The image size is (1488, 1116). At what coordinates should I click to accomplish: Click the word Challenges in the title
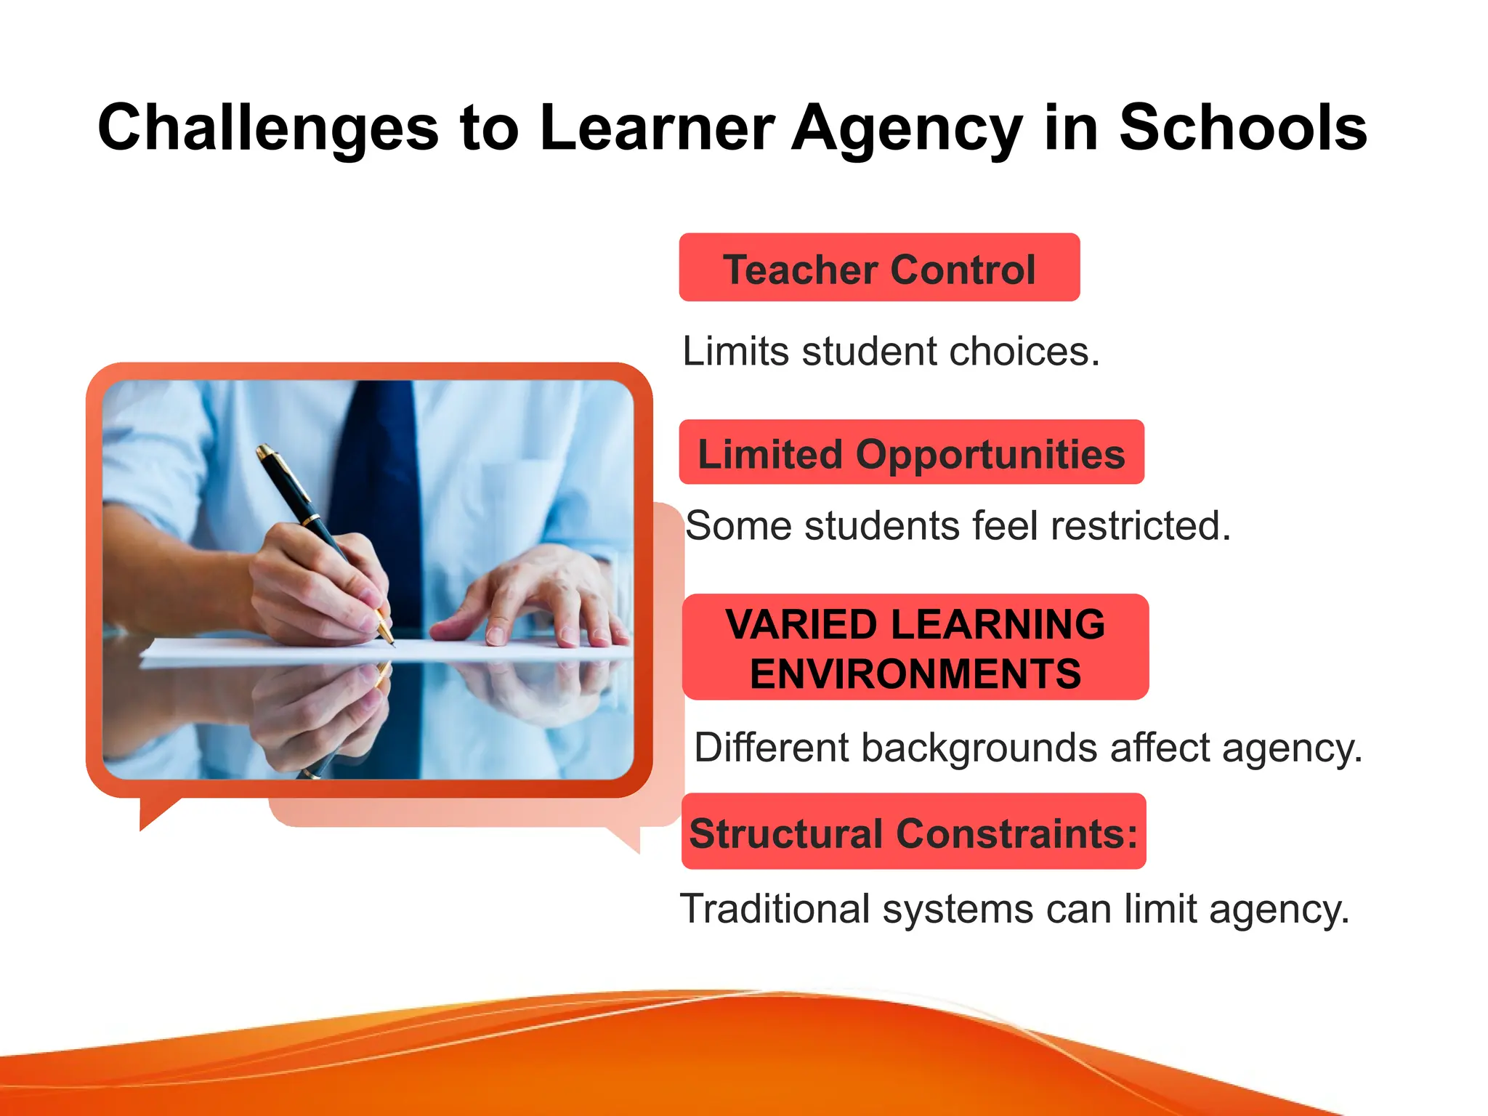point(267,129)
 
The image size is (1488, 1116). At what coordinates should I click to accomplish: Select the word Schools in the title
point(1242,129)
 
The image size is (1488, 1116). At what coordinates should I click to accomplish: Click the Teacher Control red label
point(879,268)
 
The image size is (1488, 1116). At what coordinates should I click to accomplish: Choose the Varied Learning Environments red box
point(915,647)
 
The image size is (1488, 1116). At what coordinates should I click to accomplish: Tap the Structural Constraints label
point(913,832)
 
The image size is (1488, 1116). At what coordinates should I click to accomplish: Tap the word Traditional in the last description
point(775,909)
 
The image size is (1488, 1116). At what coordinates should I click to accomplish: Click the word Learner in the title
point(658,129)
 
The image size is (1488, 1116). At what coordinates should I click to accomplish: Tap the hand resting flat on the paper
point(530,596)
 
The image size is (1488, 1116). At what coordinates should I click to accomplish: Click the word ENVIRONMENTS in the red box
point(915,674)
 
